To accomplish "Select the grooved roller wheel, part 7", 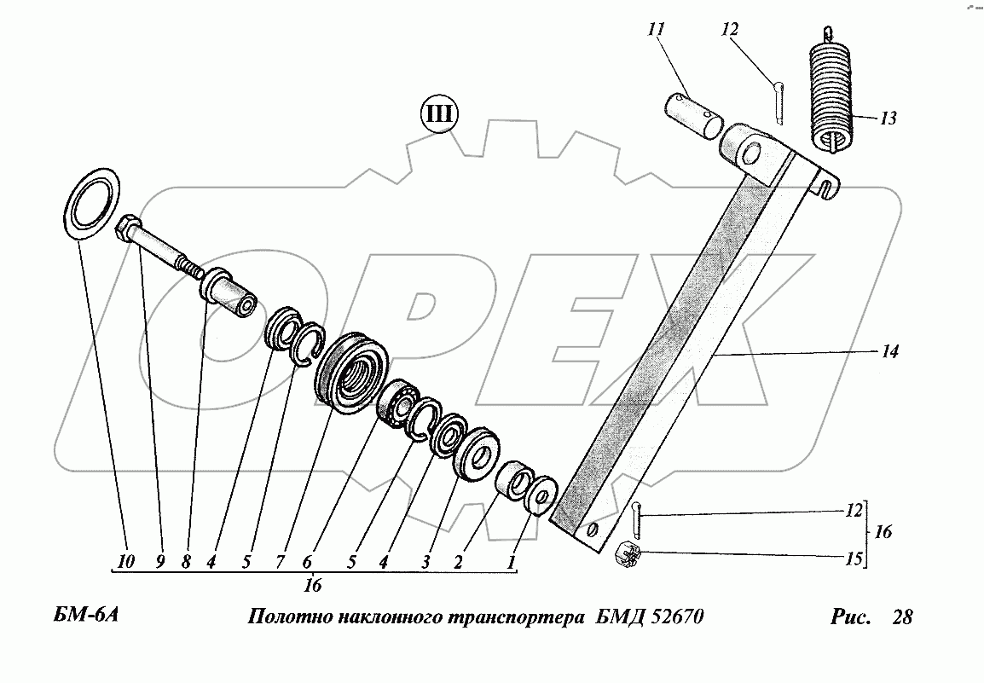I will click(x=352, y=374).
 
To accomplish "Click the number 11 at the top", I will click(x=656, y=30).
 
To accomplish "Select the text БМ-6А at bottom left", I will click(x=78, y=616).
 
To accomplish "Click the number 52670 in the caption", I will click(x=671, y=616).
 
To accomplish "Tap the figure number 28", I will click(x=901, y=616).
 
